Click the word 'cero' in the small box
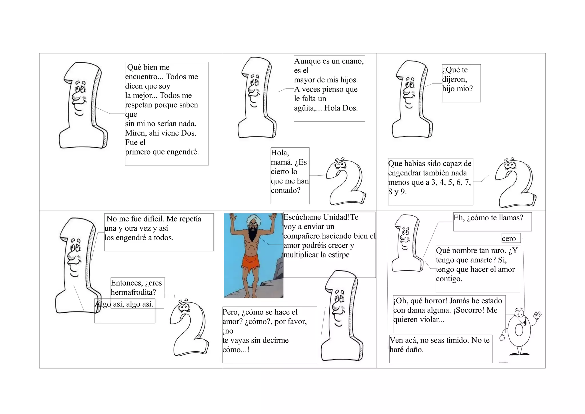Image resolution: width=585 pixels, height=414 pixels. [x=509, y=239]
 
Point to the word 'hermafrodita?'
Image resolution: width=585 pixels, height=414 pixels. [x=133, y=292]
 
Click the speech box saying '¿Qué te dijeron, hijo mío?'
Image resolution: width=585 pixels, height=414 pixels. [x=461, y=83]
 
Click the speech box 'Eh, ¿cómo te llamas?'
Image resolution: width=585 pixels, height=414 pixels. [x=492, y=221]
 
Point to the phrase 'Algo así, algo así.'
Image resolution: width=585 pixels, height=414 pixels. [x=124, y=304]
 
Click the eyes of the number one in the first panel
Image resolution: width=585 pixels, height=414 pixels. [x=81, y=88]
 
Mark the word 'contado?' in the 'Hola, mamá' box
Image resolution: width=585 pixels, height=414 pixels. [x=286, y=191]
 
